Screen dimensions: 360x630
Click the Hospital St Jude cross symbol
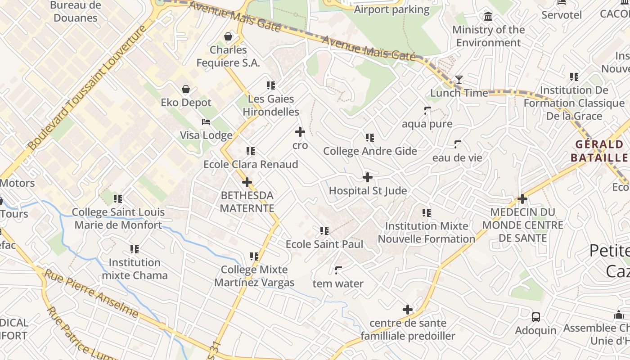click(x=368, y=177)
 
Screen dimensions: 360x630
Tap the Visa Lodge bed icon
click(x=206, y=122)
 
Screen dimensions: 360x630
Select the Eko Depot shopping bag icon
click(x=186, y=90)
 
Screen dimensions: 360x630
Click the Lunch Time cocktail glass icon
click(x=459, y=80)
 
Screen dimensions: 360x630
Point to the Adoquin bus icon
click(x=536, y=317)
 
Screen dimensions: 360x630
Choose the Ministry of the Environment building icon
click(x=488, y=17)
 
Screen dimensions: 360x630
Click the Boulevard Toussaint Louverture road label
click(x=87, y=87)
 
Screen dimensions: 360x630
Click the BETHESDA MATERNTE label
click(x=247, y=202)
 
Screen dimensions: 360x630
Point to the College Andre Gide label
click(x=370, y=151)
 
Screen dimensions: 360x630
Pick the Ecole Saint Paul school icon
click(x=324, y=231)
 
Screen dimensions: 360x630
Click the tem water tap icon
click(x=338, y=270)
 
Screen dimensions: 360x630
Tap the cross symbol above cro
click(x=300, y=132)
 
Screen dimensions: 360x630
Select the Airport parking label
click(x=392, y=9)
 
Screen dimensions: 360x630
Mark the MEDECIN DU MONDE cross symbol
click(x=522, y=198)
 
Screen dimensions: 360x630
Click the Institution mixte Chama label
click(x=135, y=269)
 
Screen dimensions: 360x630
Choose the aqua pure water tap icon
click(x=427, y=110)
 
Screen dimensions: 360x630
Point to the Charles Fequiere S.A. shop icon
click(x=228, y=36)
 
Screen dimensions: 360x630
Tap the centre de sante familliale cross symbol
click(x=408, y=310)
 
